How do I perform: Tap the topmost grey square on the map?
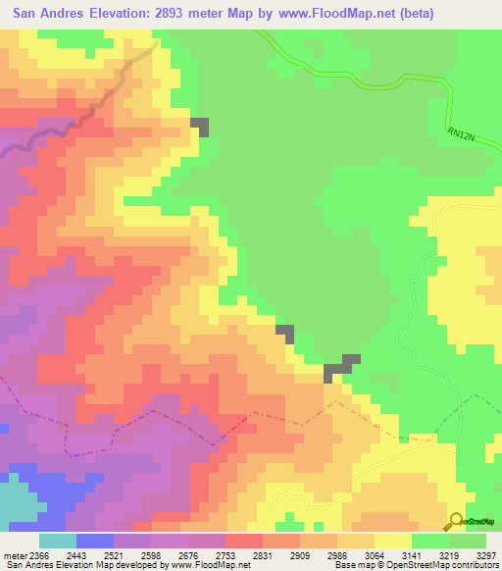pyautogui.click(x=200, y=127)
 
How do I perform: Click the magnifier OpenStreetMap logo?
pyautogui.click(x=456, y=521)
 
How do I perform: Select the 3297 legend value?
pyautogui.click(x=484, y=556)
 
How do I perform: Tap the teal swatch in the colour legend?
pyautogui.click(x=57, y=541)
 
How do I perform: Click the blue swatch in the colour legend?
pyautogui.click(x=95, y=541)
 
